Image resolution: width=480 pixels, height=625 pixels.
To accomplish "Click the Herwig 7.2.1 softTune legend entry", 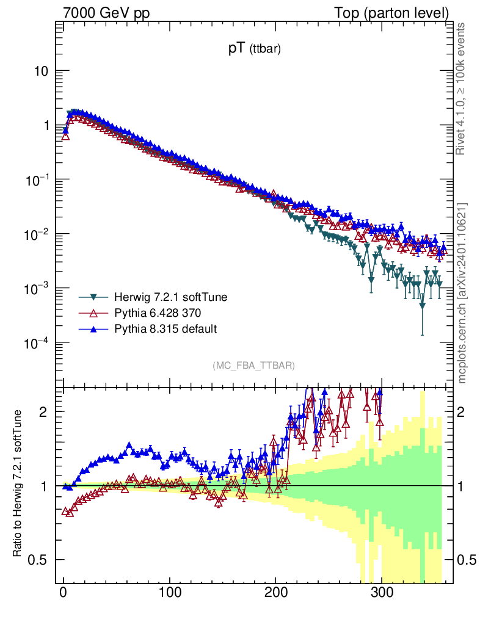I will (x=170, y=298).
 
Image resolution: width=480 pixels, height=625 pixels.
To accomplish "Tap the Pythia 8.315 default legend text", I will (x=165, y=329).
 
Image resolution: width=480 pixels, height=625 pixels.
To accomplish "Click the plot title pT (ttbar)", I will (x=254, y=50).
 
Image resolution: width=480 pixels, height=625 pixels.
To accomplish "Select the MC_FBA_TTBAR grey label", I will (x=254, y=366).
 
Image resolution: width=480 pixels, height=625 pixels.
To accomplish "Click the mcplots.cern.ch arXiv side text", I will (x=462, y=293).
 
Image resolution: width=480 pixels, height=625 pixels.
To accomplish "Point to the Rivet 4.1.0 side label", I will (x=462, y=89).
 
